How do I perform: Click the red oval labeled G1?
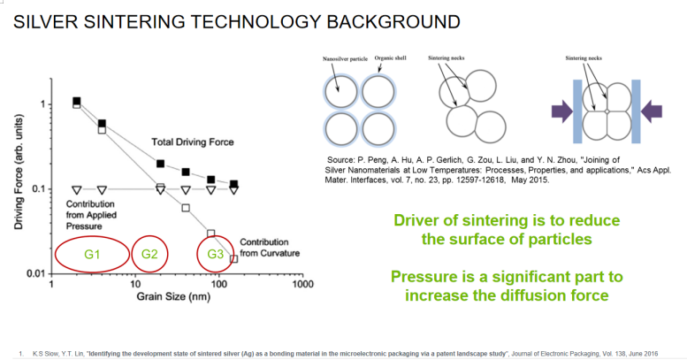tap(92, 255)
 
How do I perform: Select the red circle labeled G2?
tap(150, 255)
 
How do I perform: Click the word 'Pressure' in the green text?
tap(424, 277)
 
